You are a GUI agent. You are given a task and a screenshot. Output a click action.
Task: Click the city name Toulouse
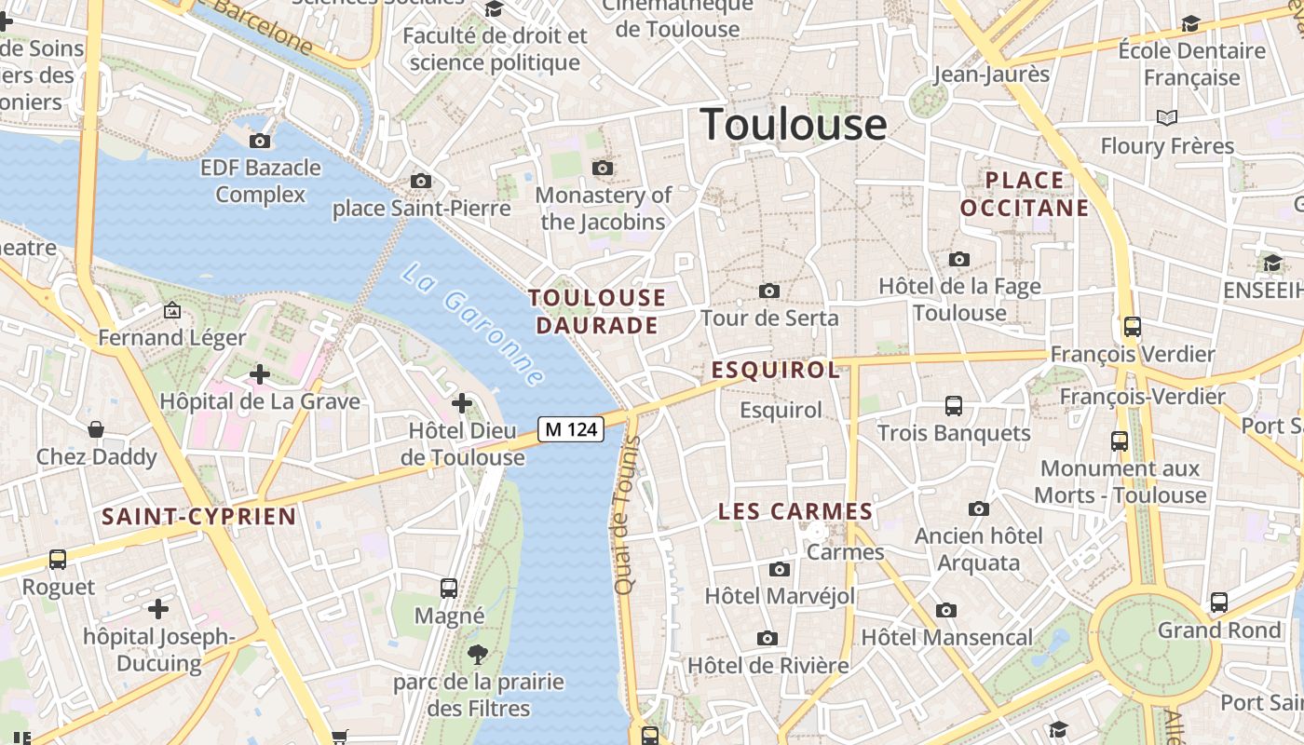tap(794, 124)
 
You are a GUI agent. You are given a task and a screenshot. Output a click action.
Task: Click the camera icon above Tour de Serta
tap(769, 291)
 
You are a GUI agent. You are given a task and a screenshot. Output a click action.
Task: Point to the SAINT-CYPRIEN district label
tap(198, 517)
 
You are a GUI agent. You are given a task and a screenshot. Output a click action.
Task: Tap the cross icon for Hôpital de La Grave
tap(260, 374)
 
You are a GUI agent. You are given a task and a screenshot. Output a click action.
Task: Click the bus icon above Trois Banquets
tap(954, 405)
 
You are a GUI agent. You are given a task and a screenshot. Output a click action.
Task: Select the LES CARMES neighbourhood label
tap(795, 511)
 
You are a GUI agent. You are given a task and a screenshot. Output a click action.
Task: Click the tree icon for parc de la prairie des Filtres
tap(478, 654)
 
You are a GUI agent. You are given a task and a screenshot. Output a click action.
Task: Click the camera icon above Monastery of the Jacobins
tap(603, 168)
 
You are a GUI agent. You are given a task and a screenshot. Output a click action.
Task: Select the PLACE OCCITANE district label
tap(1025, 194)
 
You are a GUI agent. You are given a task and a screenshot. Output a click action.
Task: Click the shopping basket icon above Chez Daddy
tap(96, 429)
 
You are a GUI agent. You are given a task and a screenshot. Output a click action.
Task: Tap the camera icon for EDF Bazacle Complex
tap(260, 141)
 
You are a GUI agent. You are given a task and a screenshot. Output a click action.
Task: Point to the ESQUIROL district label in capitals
tap(776, 371)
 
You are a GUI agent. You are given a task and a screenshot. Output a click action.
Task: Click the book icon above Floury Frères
tap(1167, 117)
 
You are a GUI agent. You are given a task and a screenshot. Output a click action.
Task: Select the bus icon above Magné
tap(449, 588)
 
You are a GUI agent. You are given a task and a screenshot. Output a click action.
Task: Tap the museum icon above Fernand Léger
tap(171, 309)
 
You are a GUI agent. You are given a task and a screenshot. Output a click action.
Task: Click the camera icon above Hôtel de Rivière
tap(767, 638)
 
